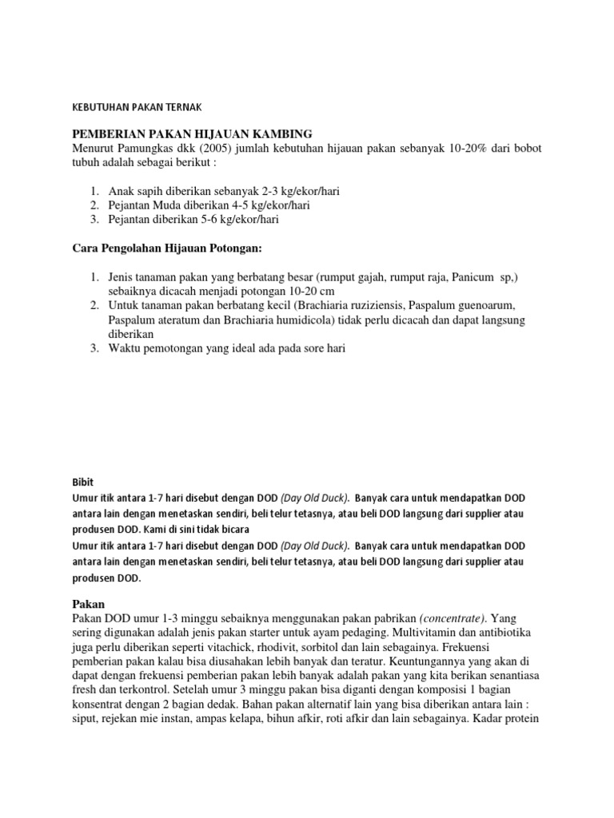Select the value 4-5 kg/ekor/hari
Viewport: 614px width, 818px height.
click(261, 205)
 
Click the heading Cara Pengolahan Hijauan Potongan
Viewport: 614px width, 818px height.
click(156, 249)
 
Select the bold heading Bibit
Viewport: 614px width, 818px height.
click(82, 482)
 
